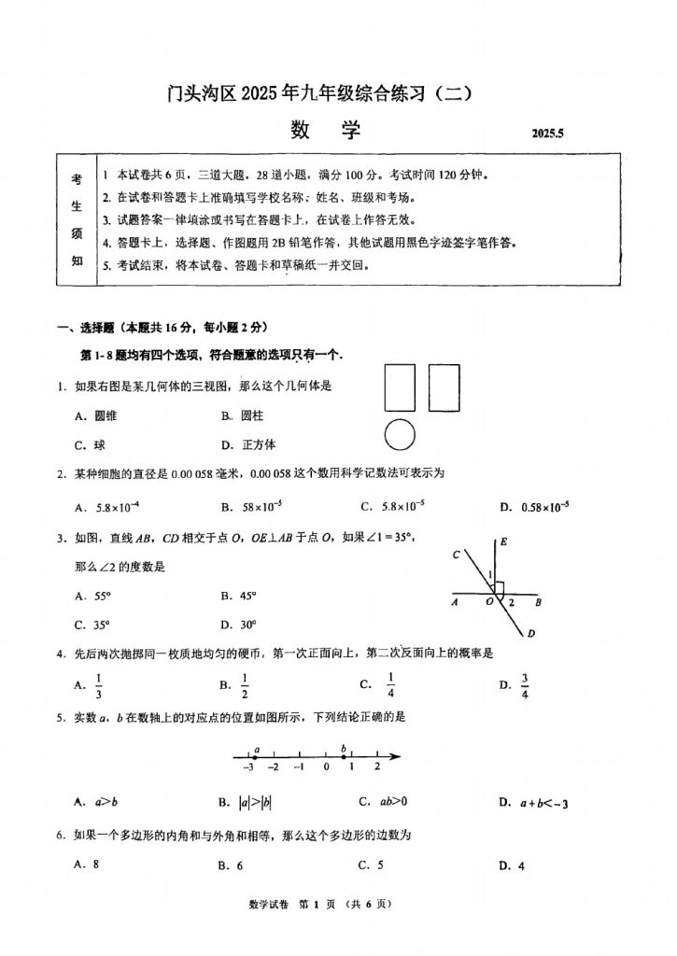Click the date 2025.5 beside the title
(x=548, y=134)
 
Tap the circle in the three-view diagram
(x=399, y=434)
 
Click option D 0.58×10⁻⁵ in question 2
(x=537, y=507)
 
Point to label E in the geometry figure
(x=503, y=541)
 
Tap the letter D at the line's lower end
(x=530, y=634)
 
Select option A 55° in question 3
(x=97, y=595)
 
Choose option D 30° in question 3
(x=242, y=625)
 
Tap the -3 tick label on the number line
(x=247, y=767)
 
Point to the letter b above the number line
(x=344, y=747)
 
